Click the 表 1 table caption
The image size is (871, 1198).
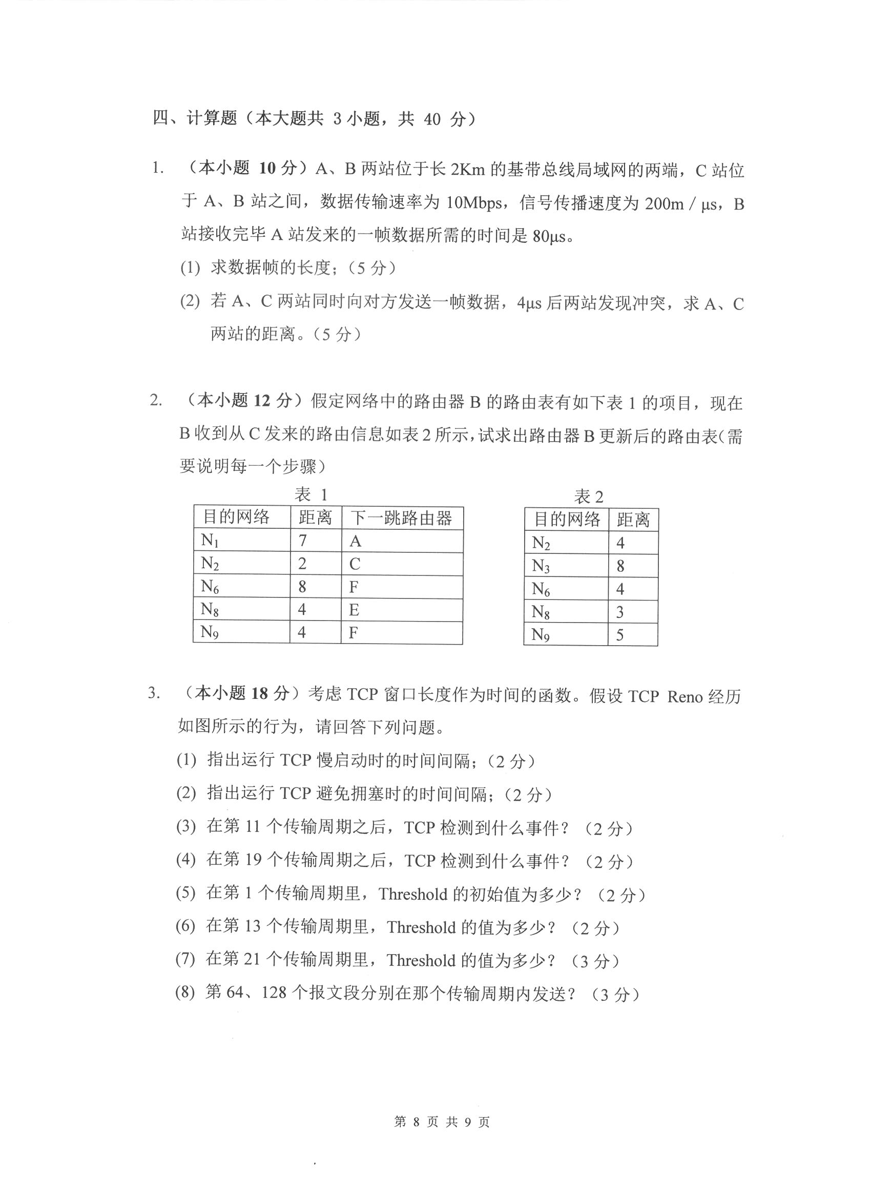(311, 495)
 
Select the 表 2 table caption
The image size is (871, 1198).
(588, 497)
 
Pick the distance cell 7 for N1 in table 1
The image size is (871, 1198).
(303, 541)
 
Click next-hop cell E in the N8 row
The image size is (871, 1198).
(354, 610)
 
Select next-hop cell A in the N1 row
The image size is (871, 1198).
(355, 542)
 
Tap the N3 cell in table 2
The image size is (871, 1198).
(541, 566)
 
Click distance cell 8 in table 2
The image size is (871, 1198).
(620, 566)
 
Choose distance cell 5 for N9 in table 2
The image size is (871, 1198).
(620, 635)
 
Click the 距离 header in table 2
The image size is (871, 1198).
(633, 520)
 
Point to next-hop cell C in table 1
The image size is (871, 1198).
(355, 564)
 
